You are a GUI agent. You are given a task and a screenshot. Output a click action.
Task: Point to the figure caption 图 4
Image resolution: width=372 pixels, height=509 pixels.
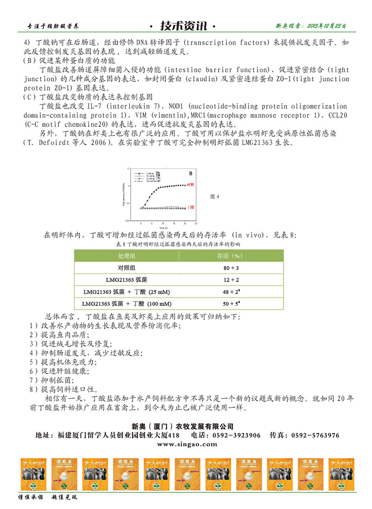[x=215, y=197]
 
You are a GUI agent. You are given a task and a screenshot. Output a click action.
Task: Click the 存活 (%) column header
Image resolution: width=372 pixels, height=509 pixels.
[x=231, y=256]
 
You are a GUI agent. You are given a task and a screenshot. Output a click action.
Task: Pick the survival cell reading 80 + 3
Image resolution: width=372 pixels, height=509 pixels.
[x=231, y=268]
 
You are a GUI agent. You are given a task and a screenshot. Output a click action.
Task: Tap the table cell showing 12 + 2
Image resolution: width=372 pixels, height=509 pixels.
[x=231, y=280]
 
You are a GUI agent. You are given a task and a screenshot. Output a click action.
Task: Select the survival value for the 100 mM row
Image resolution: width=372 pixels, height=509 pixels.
[x=231, y=304]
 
